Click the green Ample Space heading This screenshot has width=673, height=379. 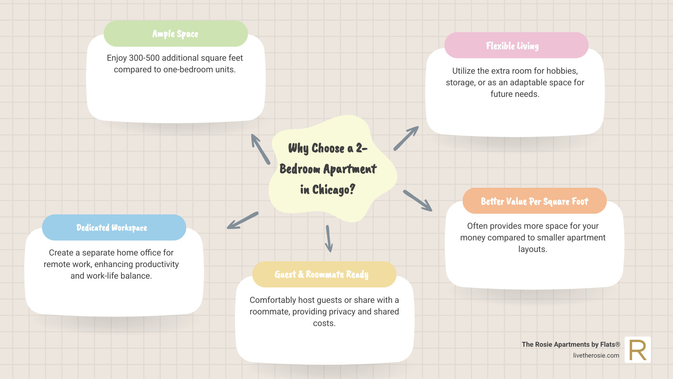point(175,34)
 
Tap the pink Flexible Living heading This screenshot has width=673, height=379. point(512,46)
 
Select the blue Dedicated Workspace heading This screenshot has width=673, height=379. point(112,227)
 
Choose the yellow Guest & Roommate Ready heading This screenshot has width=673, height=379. point(321,274)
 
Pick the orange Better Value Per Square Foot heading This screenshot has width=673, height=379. point(535,201)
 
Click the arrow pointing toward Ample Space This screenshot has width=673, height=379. point(260,149)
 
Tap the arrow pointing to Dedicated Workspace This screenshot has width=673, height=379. point(243,220)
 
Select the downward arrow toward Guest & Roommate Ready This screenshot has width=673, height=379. point(328,239)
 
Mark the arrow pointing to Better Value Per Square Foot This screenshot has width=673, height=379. point(418,201)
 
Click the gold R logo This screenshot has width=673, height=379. point(638,350)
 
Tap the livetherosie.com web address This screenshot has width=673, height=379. point(596,355)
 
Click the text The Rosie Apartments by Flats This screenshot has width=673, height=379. point(571,344)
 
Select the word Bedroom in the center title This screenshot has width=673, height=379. point(300,169)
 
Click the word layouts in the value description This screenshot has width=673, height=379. point(532,249)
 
